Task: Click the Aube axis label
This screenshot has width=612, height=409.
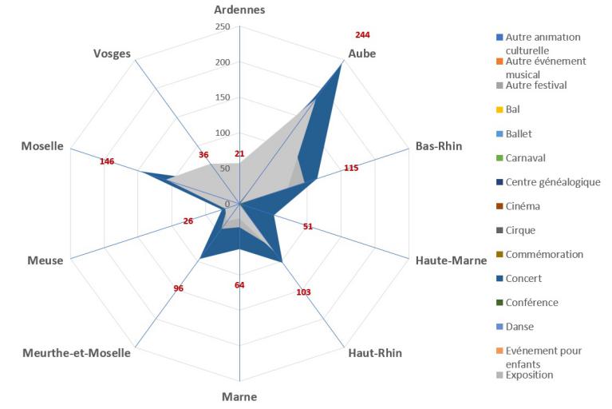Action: [x=362, y=54]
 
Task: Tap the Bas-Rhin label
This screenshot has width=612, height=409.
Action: [x=438, y=146]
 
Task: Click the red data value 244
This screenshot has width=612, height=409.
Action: [x=362, y=35]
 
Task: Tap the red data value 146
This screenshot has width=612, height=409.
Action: [x=107, y=162]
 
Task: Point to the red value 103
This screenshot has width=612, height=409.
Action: [x=303, y=292]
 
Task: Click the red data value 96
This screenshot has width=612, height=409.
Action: [x=179, y=288]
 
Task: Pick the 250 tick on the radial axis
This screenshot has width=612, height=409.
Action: [x=223, y=27]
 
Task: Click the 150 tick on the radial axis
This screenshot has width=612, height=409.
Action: [x=223, y=97]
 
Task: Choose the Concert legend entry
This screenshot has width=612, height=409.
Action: [x=523, y=278]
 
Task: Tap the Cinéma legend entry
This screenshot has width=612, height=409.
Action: [x=523, y=206]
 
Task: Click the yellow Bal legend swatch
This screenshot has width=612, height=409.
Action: [x=499, y=109]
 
